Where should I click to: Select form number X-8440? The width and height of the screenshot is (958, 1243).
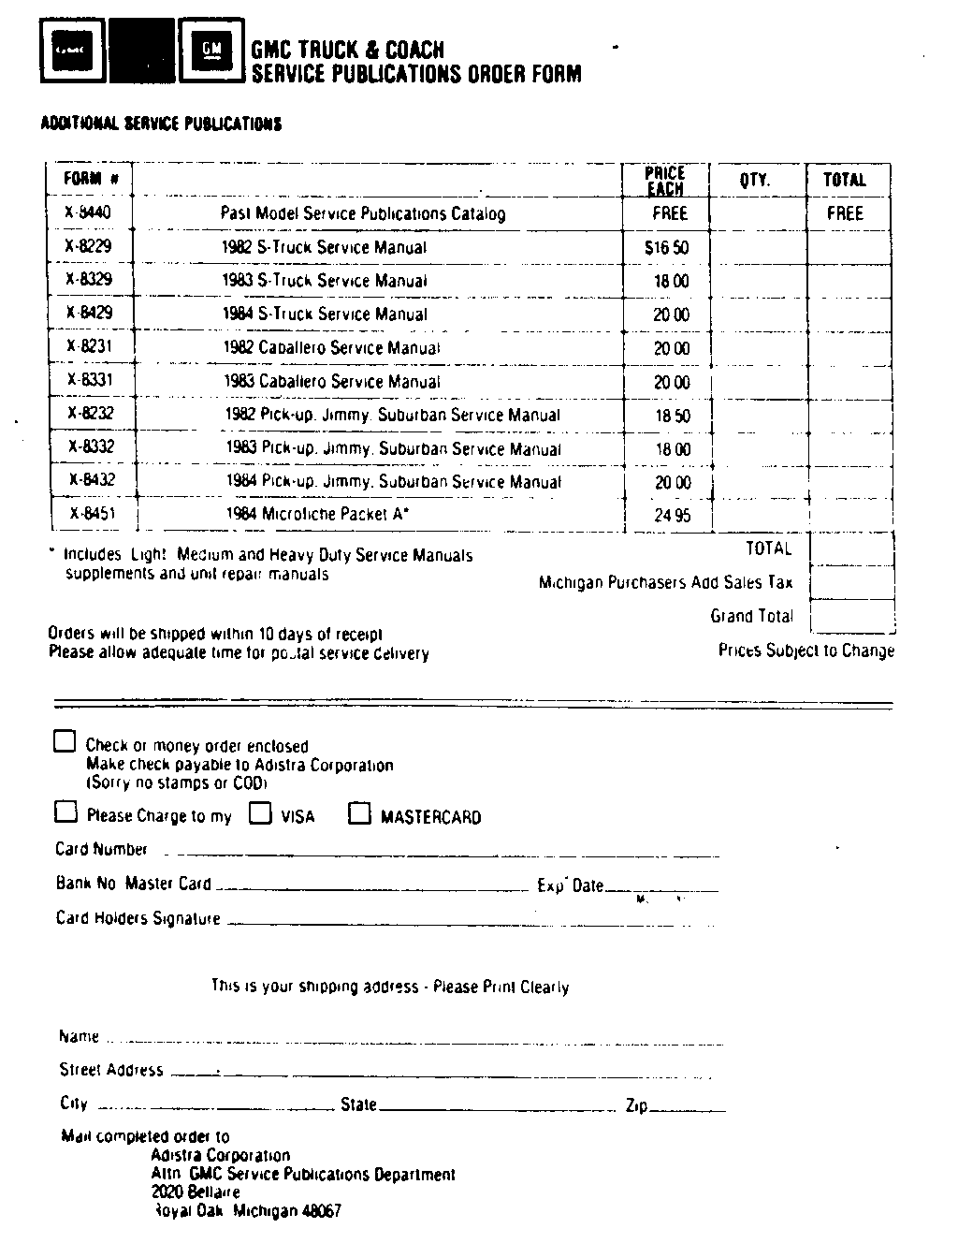88,212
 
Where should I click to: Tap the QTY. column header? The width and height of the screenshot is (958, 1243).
755,180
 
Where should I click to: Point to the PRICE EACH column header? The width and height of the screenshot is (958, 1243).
665,181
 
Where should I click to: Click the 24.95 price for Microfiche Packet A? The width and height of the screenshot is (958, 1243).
672,516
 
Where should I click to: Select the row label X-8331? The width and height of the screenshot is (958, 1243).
90,380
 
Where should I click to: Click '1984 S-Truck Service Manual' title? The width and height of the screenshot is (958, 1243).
325,314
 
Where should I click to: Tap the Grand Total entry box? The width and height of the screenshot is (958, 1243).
851,616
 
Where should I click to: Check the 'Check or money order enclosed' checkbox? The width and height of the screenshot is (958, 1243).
65,742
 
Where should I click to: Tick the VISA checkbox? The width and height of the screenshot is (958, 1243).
260,812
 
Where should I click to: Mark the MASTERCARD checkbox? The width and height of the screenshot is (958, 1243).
359,813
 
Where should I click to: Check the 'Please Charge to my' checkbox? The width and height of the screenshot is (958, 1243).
65,812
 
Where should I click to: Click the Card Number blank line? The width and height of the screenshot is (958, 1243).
444,855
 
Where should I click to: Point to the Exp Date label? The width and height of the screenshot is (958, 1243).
571,885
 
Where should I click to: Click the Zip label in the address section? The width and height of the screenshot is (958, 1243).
636,1105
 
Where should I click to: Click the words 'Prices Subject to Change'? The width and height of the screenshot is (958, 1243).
806,651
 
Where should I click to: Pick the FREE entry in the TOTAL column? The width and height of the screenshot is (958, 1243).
845,213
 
